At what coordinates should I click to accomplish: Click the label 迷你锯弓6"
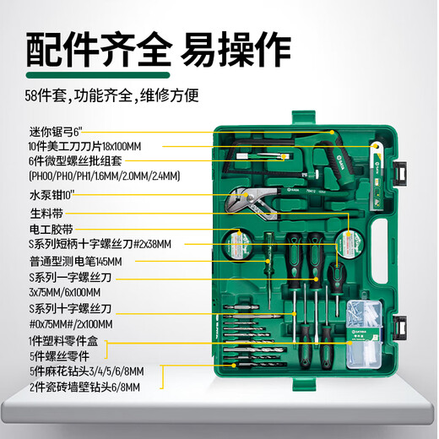click(x=56, y=132)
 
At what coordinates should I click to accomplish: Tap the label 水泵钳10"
click(x=52, y=195)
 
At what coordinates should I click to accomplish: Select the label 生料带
click(x=46, y=214)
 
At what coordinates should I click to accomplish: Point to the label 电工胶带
click(x=51, y=229)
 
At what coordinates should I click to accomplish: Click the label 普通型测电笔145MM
click(x=76, y=262)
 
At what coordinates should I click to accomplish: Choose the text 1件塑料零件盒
click(x=63, y=341)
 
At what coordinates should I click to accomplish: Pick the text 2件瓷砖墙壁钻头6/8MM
click(x=84, y=388)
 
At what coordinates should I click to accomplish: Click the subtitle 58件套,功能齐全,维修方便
click(x=111, y=95)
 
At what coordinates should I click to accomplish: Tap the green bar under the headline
click(x=98, y=75)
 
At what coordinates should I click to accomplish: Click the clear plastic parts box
click(x=364, y=334)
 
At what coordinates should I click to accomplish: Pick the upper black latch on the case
click(x=400, y=173)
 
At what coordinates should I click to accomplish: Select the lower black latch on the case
click(x=399, y=328)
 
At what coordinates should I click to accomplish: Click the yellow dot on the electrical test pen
click(x=268, y=262)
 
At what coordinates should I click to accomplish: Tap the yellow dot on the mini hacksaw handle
click(x=332, y=132)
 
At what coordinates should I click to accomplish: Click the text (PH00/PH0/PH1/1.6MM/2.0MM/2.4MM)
click(x=105, y=176)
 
